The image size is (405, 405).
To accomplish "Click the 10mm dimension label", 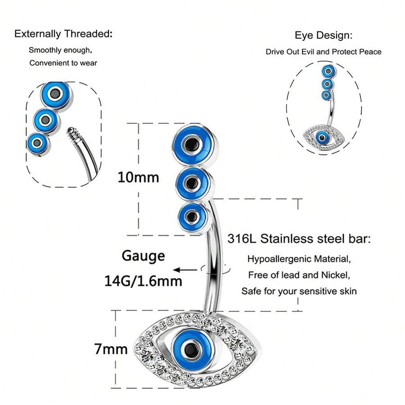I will pyautogui.click(x=138, y=177).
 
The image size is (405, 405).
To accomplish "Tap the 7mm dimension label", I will pyautogui.click(x=111, y=349).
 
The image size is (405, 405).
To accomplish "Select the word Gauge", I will pyautogui.click(x=143, y=256).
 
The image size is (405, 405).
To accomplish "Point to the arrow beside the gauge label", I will pyautogui.click(x=185, y=270).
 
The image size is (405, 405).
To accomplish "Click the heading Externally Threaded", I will pyautogui.click(x=63, y=34).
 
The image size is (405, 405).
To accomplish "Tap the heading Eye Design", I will pyautogui.click(x=324, y=35).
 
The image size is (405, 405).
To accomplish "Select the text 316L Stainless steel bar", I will pyautogui.click(x=299, y=238).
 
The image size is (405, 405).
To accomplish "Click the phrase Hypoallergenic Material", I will pyautogui.click(x=299, y=259).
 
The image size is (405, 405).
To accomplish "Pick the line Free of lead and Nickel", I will pyautogui.click(x=299, y=275).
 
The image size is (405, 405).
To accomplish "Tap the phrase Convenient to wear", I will pyautogui.click(x=63, y=63).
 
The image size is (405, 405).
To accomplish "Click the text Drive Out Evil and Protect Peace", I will pyautogui.click(x=324, y=52).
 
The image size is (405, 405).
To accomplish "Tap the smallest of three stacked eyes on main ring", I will pyautogui.click(x=193, y=217).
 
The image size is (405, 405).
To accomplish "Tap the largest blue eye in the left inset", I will pyautogui.click(x=55, y=94).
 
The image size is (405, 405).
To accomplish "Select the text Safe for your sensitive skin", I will pyautogui.click(x=299, y=291).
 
